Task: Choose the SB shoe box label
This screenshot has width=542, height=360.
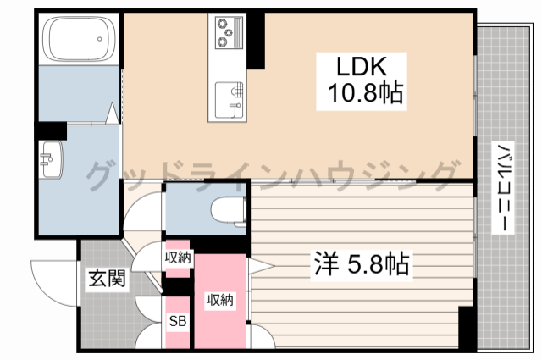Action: click(x=178, y=321)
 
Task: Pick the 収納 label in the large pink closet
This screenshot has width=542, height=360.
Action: click(x=221, y=300)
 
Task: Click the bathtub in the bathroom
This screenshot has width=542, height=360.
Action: click(x=78, y=40)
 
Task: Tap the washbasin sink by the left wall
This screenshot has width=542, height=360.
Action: click(x=52, y=158)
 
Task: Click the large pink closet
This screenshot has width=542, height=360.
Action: click(x=220, y=301)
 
